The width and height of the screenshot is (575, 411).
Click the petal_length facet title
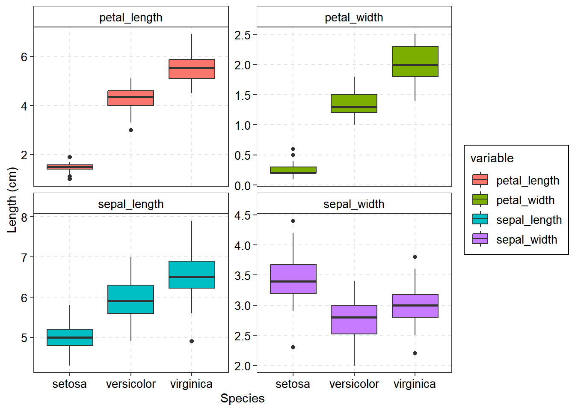pyautogui.click(x=131, y=18)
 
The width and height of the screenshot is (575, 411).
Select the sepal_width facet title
pyautogui.click(x=354, y=204)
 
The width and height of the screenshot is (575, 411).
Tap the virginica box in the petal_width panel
pyautogui.click(x=415, y=62)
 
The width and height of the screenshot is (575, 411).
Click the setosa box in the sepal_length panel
pyautogui.click(x=70, y=337)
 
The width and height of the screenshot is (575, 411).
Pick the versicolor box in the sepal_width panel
pyautogui.click(x=354, y=319)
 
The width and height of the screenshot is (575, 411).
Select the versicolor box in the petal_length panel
pyautogui.click(x=131, y=98)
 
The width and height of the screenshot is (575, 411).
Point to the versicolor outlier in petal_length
pyautogui.click(x=131, y=130)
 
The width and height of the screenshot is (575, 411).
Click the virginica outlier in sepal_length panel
pyautogui.click(x=192, y=341)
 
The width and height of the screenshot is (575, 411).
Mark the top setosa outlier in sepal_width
pyautogui.click(x=293, y=221)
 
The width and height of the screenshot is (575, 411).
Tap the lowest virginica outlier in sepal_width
pyautogui.click(x=415, y=353)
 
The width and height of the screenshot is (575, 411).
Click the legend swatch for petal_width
pyautogui.click(x=480, y=200)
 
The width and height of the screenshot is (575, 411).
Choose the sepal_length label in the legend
pyautogui.click(x=529, y=220)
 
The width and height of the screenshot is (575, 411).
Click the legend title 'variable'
pyautogui.click(x=492, y=158)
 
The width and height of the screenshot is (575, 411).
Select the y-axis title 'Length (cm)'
pyautogui.click(x=12, y=200)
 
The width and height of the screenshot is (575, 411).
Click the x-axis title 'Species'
pyautogui.click(x=242, y=399)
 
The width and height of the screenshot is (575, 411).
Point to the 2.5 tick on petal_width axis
pyautogui.click(x=243, y=35)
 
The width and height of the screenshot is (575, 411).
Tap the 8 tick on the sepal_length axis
pyautogui.click(x=24, y=217)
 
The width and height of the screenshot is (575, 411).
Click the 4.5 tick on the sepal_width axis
pyautogui.click(x=243, y=215)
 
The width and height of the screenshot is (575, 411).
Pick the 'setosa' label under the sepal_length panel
pyautogui.click(x=70, y=384)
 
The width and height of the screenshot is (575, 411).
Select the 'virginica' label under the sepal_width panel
pyautogui.click(x=415, y=384)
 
